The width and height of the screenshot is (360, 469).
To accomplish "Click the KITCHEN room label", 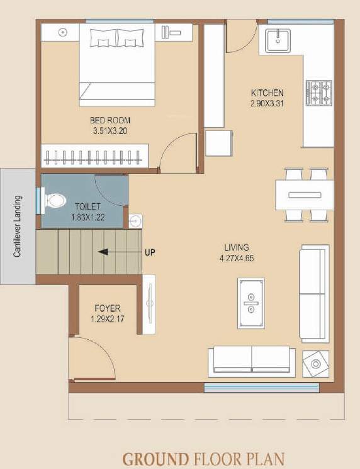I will (x=267, y=93).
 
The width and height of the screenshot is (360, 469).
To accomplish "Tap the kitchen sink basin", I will (x=278, y=41).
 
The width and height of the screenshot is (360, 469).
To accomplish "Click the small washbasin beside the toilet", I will (x=135, y=221).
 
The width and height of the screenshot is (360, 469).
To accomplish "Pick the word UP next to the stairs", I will (x=150, y=252).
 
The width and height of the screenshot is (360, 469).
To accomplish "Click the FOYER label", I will (x=107, y=308).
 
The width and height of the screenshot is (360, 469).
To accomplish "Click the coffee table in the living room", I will (x=250, y=302).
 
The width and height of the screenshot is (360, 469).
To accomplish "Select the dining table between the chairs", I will (x=305, y=195).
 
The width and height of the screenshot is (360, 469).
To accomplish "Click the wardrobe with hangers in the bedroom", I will (x=95, y=155).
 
